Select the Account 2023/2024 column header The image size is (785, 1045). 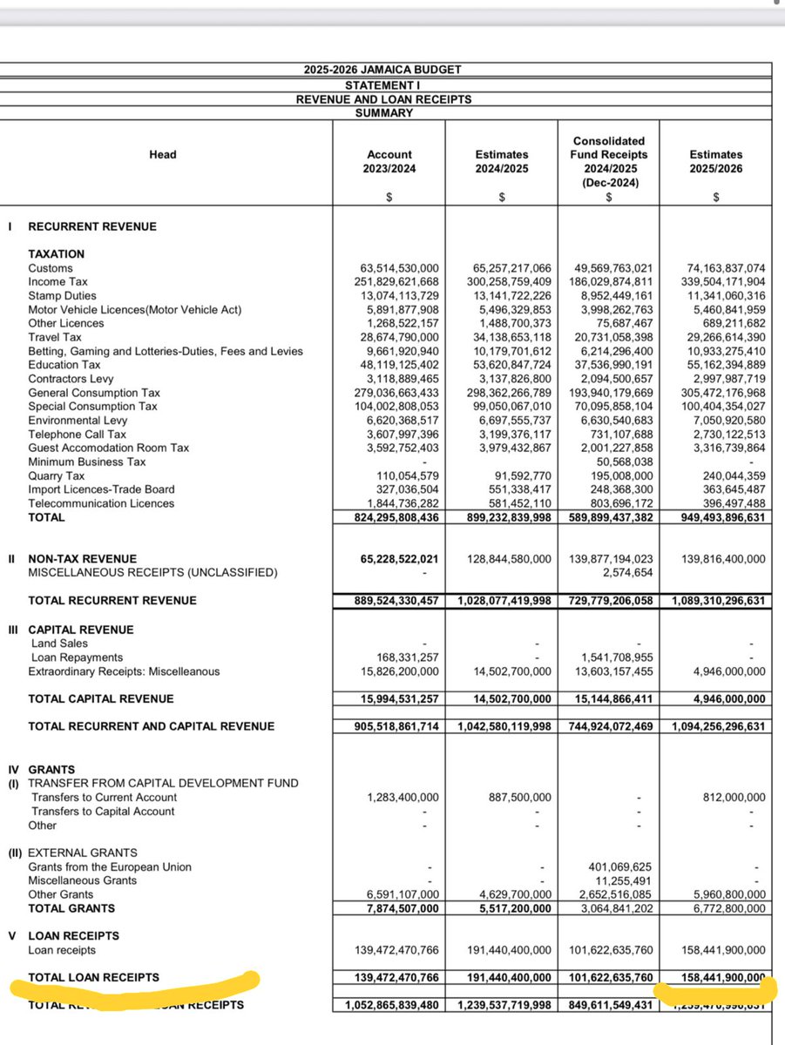pos(389,161)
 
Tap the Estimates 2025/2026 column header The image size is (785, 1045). pos(715,161)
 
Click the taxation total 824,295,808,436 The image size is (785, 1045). pos(389,517)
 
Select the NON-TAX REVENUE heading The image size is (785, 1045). pos(82,559)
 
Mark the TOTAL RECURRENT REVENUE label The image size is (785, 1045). pos(112,601)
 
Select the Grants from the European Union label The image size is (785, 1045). pos(110,867)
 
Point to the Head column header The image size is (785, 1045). pos(162,155)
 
